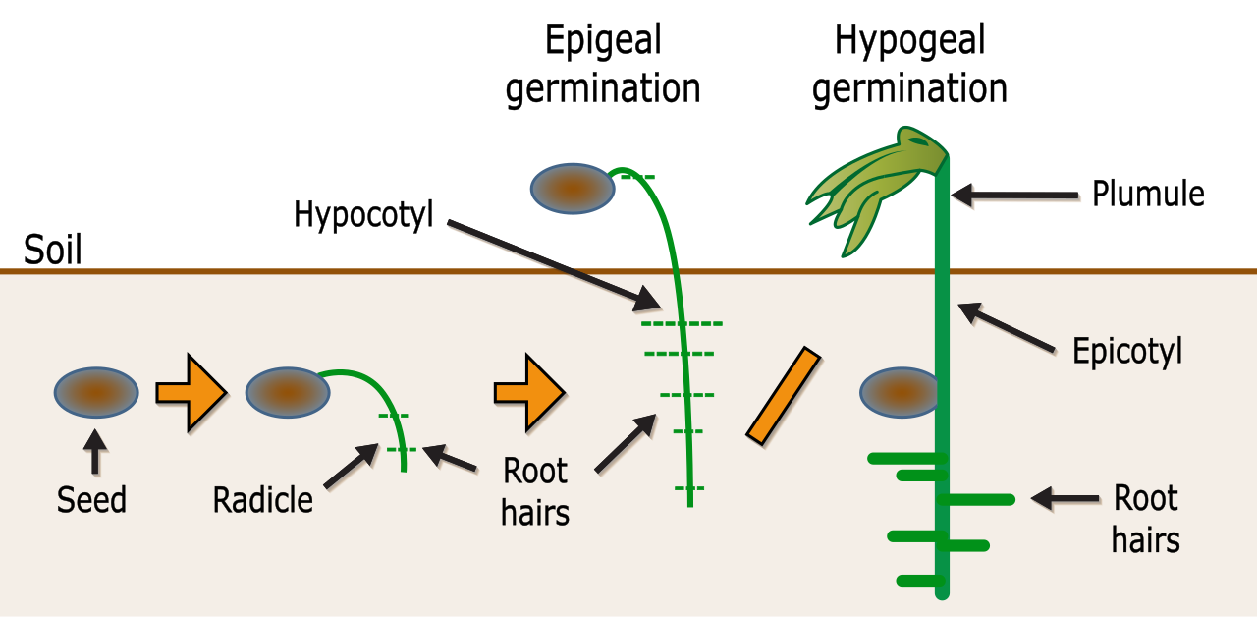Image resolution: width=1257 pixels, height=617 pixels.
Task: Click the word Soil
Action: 53,250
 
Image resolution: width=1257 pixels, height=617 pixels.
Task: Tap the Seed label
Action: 91,500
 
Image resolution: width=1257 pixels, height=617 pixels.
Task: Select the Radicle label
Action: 262,500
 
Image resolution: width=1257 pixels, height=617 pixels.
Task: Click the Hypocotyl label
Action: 363,215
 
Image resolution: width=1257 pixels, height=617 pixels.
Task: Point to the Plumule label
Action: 1148,195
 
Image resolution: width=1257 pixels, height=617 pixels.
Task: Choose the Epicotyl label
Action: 1127,352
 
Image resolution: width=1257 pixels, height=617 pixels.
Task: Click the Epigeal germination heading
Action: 603,64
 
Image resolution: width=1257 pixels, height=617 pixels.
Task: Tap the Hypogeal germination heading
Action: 909,64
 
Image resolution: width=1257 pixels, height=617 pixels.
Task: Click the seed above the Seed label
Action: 96,392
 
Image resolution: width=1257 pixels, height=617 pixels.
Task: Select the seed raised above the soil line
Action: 573,189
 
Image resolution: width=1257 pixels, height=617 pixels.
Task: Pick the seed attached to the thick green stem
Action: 899,392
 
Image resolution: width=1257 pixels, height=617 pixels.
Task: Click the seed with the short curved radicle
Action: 288,392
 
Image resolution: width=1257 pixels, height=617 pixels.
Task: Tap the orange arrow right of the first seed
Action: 191,392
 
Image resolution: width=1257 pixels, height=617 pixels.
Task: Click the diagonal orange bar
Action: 784,396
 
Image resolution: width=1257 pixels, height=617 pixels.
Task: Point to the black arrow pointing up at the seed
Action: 95,453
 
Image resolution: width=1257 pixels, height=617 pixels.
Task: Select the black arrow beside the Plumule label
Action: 1014,196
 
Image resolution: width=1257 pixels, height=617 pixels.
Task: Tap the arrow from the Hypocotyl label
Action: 554,265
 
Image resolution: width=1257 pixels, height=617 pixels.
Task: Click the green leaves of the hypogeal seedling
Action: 875,188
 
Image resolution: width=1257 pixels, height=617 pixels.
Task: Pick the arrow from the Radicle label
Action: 352,466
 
